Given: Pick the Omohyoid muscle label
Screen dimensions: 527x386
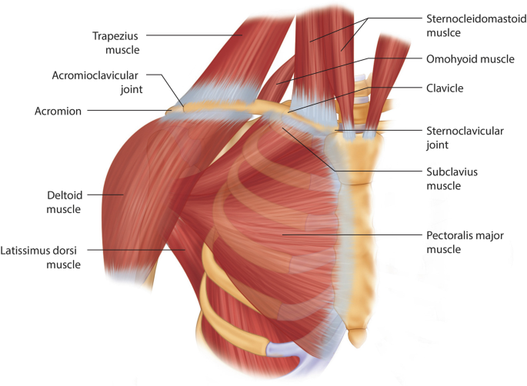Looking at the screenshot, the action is click(469, 58).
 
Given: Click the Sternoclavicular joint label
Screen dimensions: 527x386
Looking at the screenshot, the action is click(464, 137).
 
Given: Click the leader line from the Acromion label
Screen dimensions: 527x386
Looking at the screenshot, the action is click(127, 111).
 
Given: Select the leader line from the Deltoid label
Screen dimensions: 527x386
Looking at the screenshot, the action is click(108, 195).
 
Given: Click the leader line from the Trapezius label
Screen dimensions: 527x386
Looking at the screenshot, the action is click(192, 35).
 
